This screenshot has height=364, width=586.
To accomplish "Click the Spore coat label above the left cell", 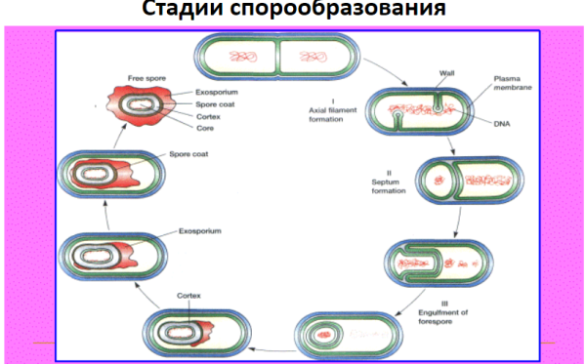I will (191, 154).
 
